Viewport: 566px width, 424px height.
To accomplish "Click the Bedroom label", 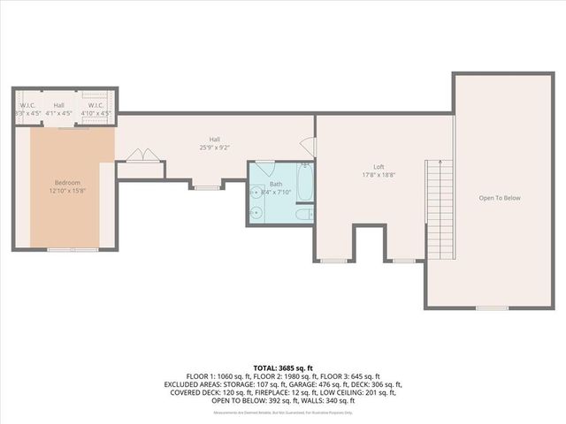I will pyautogui.click(x=68, y=183).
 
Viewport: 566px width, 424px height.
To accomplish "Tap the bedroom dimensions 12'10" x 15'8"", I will pyautogui.click(x=68, y=191).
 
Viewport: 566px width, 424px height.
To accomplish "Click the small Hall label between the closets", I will pyautogui.click(x=58, y=105).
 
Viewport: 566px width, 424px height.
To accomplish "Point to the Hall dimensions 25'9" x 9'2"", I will pyautogui.click(x=214, y=148).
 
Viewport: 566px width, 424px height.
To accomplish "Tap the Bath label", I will pyautogui.click(x=277, y=184).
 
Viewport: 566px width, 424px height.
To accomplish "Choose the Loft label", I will pyautogui.click(x=379, y=166).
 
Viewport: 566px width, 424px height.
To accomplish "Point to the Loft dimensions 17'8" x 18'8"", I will pyautogui.click(x=379, y=175).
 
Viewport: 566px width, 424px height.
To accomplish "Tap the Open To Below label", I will pyautogui.click(x=500, y=198).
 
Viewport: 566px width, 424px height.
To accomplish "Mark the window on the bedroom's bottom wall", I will pyautogui.click(x=73, y=250).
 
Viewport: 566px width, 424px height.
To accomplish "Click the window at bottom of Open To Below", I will pyautogui.click(x=492, y=307).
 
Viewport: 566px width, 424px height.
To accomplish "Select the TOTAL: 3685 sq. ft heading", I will pyautogui.click(x=283, y=367).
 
